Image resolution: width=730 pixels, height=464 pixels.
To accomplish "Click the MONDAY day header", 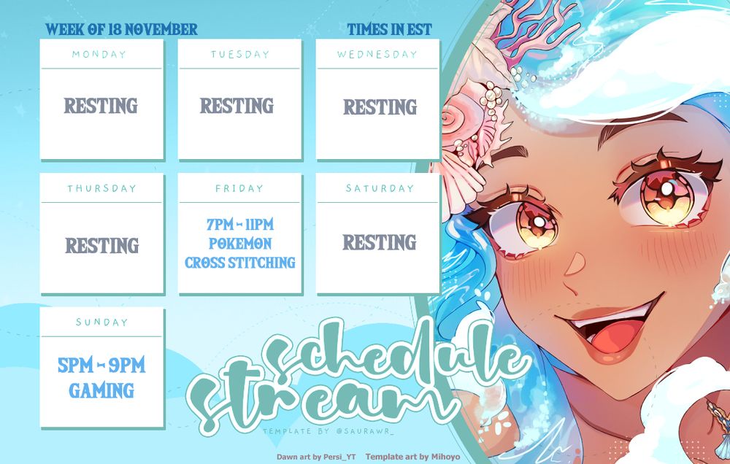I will (x=99, y=54).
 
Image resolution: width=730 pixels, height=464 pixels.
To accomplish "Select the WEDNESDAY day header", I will (x=377, y=54).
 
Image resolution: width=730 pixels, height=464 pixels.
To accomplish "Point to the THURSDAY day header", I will (x=102, y=188).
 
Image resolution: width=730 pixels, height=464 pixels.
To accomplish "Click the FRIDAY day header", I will (x=239, y=188).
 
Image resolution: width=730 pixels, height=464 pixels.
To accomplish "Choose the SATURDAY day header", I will (x=380, y=188).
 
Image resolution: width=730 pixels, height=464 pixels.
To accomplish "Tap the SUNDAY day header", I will (x=102, y=322).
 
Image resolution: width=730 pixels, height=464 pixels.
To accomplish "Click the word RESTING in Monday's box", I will (x=101, y=107).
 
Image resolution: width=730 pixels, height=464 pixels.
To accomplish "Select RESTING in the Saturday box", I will (x=380, y=243).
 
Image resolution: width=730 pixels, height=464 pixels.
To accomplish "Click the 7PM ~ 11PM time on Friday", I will (x=240, y=225).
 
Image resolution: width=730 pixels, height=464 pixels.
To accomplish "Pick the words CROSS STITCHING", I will (x=240, y=263).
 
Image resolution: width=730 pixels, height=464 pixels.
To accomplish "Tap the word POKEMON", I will (x=240, y=244).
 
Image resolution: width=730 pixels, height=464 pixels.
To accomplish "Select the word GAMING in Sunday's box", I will (x=101, y=391).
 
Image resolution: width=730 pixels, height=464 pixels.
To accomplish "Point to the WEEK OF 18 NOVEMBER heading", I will (x=121, y=30).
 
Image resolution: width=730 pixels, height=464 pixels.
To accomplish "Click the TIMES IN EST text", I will (x=389, y=30).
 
